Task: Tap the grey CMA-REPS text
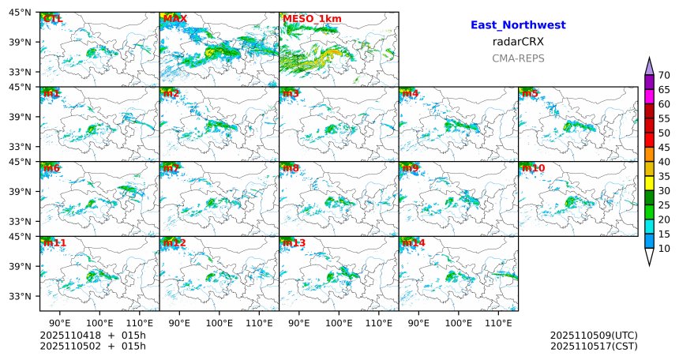click(x=518, y=58)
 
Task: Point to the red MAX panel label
click(x=174, y=18)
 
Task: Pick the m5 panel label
click(x=529, y=94)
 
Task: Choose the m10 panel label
click(x=532, y=168)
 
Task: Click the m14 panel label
click(x=412, y=243)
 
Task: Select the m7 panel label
click(x=171, y=168)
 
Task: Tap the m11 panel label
click(x=54, y=243)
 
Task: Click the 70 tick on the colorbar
click(x=664, y=75)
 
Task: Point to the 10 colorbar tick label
click(x=664, y=249)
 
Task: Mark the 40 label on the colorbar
click(x=664, y=162)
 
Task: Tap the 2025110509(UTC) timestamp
click(x=594, y=336)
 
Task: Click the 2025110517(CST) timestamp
click(x=594, y=346)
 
